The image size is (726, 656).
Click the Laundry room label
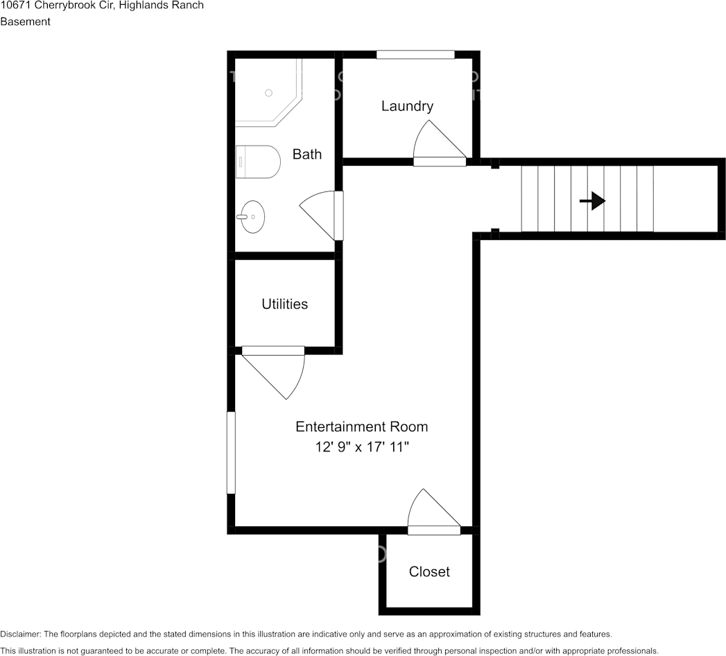408,106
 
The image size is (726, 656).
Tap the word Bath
307,154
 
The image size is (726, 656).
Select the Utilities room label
285,304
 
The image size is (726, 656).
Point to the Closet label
429,571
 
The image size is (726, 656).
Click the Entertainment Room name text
361,426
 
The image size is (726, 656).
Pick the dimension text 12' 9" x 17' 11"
362,447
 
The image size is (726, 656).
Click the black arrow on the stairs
593,201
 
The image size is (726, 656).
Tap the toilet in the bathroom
258,162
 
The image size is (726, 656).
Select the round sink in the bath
252,216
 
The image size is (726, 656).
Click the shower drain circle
268,93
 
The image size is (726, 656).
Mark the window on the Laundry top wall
415,55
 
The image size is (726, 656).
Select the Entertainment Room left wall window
231,452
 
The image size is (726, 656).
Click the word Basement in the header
26,21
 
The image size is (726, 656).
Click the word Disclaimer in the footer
20,635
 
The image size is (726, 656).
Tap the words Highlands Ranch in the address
161,6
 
